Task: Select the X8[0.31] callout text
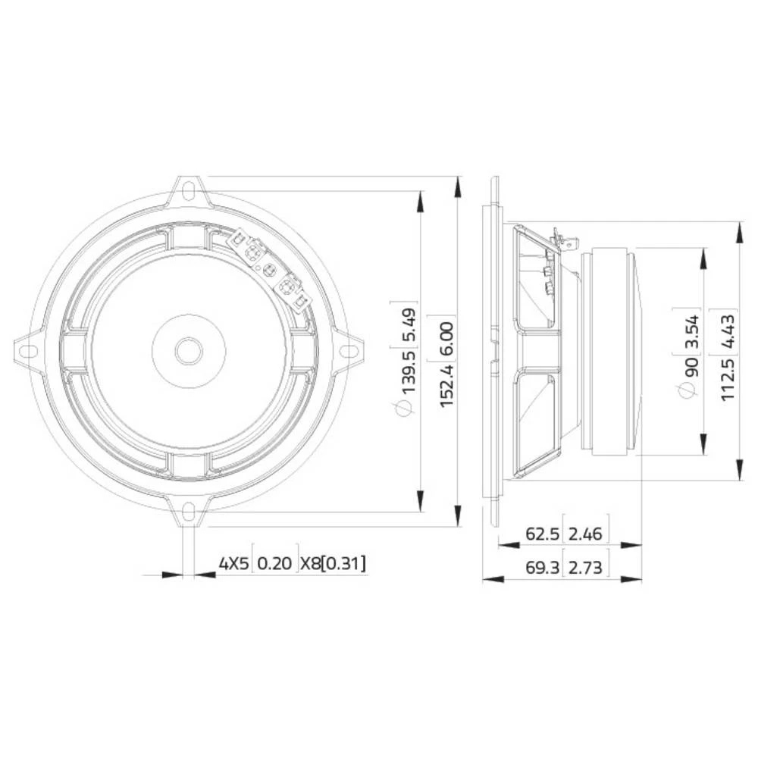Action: (x=333, y=564)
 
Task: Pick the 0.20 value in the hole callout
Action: (x=274, y=564)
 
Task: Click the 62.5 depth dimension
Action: (x=543, y=534)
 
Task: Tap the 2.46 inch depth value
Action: (x=584, y=534)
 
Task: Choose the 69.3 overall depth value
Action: (x=543, y=567)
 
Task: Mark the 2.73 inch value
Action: (x=584, y=567)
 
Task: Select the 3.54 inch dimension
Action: (x=689, y=329)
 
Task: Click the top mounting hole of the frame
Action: (x=189, y=186)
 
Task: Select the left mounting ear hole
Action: (x=27, y=350)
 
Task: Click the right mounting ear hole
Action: (x=349, y=350)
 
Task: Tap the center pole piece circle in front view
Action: (x=188, y=350)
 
